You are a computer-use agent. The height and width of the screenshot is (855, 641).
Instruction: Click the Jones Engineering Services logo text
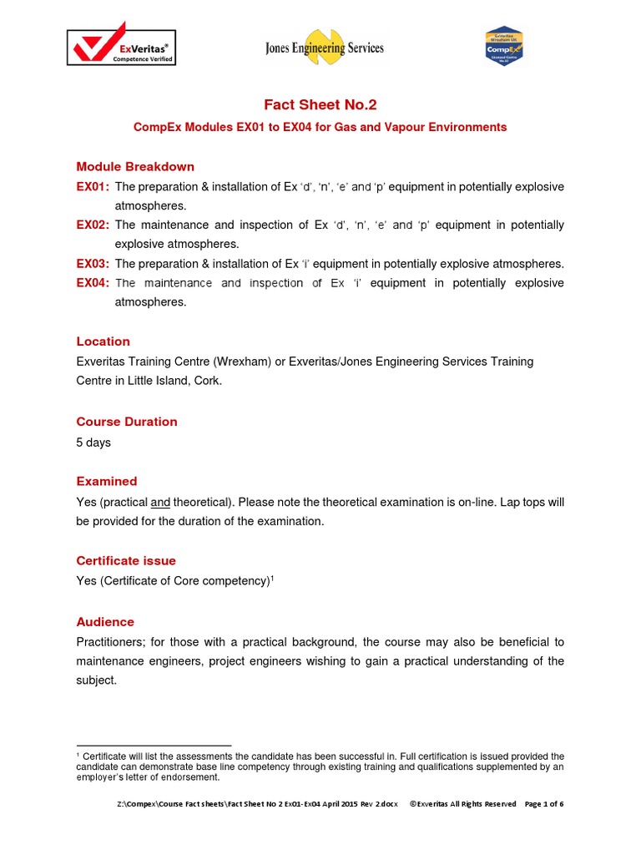pos(325,48)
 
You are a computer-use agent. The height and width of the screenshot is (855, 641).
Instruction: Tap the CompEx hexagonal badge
pos(503,47)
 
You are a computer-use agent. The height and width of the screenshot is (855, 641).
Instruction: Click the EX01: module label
pos(93,186)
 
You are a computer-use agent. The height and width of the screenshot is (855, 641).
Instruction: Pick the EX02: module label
pos(93,225)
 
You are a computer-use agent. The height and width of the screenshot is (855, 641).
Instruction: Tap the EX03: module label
pos(93,264)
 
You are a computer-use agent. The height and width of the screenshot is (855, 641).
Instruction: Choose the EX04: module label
pos(93,283)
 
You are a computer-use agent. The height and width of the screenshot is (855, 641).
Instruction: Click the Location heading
pos(103,341)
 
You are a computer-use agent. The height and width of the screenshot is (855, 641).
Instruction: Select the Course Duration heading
pos(127,422)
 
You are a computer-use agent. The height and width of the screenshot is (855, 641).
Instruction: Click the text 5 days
pos(93,443)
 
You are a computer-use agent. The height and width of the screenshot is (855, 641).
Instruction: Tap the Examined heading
pos(107,482)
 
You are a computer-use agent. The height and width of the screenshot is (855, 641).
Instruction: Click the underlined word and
pos(160,502)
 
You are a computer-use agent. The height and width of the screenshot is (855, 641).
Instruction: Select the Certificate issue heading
pos(126,561)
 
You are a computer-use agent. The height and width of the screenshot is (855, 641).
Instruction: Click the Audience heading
pos(105,622)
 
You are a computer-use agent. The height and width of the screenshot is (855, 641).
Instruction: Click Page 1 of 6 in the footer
pos(544,804)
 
